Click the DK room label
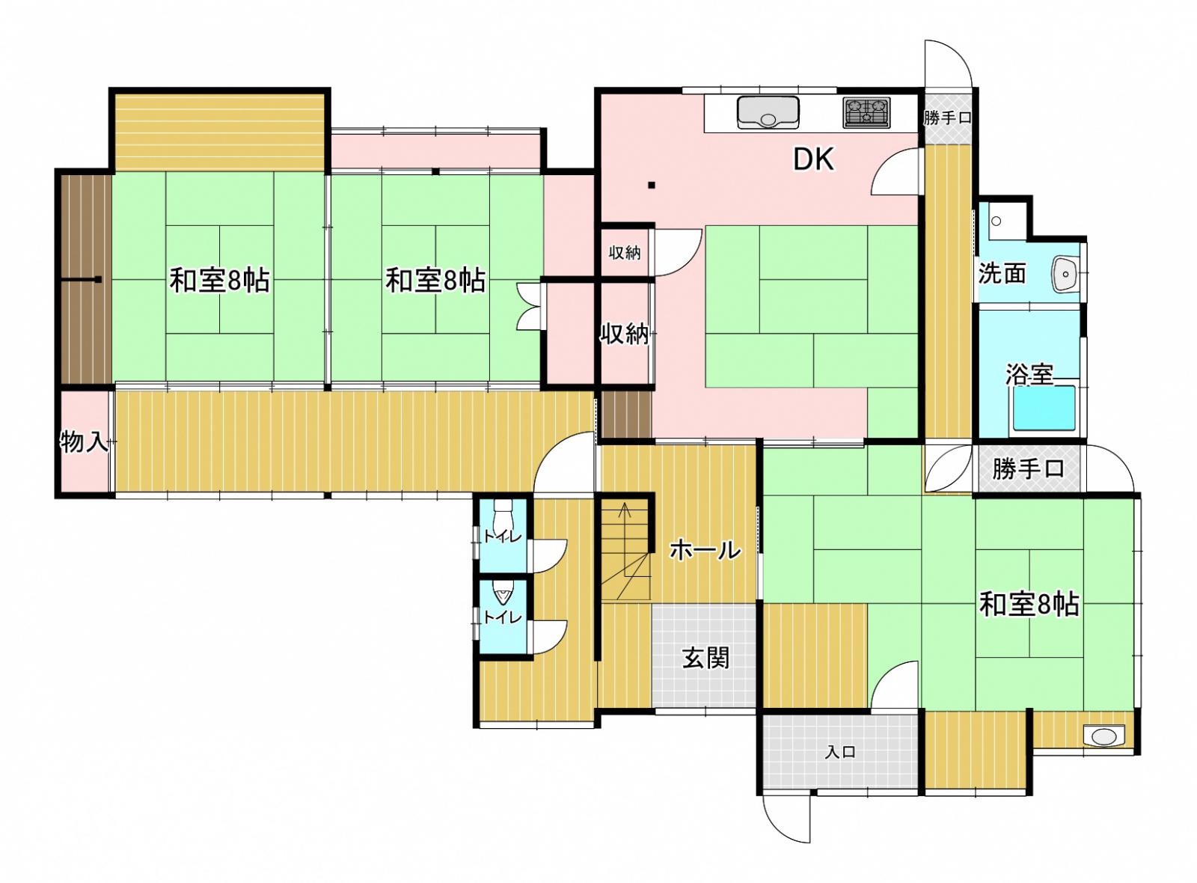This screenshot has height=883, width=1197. click(x=813, y=159)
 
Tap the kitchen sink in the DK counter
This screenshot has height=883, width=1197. click(x=768, y=112)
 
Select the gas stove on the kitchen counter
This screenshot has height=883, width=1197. click(x=866, y=113)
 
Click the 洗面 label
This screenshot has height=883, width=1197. click(x=1002, y=274)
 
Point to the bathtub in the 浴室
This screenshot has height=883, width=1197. click(x=1044, y=408)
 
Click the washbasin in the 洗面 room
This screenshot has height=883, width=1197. click(x=1065, y=274)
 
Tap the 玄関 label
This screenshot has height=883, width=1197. click(x=706, y=658)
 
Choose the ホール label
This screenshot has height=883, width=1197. click(x=705, y=549)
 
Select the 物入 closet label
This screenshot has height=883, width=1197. click(x=84, y=442)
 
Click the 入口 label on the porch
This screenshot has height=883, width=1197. click(x=841, y=753)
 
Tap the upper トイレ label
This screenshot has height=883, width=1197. click(x=502, y=536)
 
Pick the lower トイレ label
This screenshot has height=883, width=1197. click(x=502, y=618)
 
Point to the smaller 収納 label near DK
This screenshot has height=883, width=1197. click(x=625, y=253)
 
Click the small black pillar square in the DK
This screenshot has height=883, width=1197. click(x=652, y=186)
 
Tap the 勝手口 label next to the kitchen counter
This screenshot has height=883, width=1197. click(x=947, y=118)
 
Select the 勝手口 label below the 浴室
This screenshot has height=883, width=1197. click(x=1028, y=468)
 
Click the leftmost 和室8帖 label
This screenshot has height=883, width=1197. click(x=220, y=281)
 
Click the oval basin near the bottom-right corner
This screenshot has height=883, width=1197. click(x=1104, y=736)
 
